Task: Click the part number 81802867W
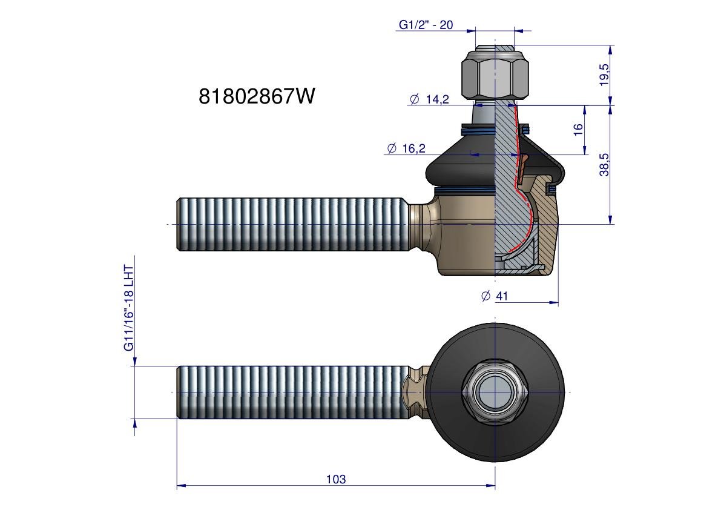pos(257,96)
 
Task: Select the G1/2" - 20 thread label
pos(426,25)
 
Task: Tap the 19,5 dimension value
pos(604,75)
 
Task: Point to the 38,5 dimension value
pos(604,165)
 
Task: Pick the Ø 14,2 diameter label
pos(429,99)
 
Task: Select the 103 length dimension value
pos(335,479)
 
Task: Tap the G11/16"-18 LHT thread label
pos(129,308)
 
